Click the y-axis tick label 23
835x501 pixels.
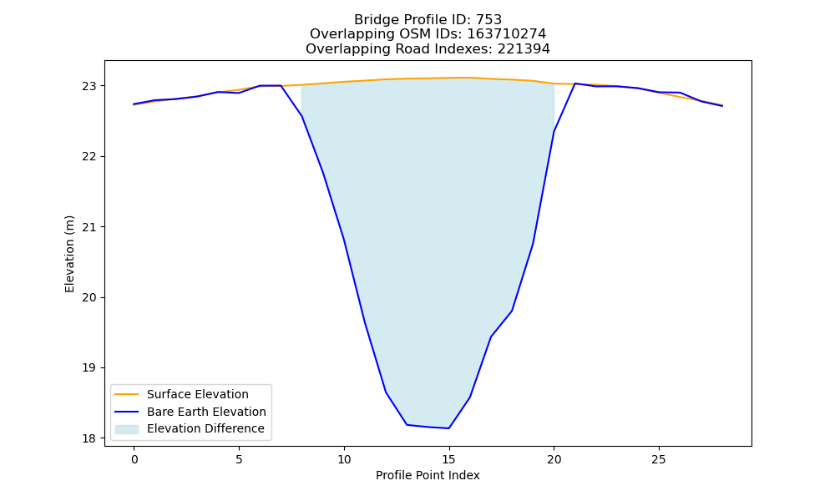point(89,86)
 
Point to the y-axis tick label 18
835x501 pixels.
point(89,438)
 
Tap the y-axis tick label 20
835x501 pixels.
point(89,297)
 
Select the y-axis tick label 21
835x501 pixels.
point(89,227)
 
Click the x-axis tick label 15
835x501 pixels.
point(449,459)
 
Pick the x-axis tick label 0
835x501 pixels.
point(134,459)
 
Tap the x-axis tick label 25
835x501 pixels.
point(659,459)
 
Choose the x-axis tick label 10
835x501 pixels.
point(344,459)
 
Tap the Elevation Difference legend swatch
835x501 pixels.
point(127,429)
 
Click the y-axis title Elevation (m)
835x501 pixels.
point(69,254)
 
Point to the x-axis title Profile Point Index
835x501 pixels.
point(428,475)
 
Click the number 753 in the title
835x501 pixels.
point(488,20)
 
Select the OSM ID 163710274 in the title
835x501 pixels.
point(507,34)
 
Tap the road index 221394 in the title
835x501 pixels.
point(524,49)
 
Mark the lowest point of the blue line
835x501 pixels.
point(449,428)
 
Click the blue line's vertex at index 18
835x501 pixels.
point(512,311)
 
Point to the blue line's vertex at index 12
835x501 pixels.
point(386,393)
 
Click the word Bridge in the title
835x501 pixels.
point(372,20)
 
